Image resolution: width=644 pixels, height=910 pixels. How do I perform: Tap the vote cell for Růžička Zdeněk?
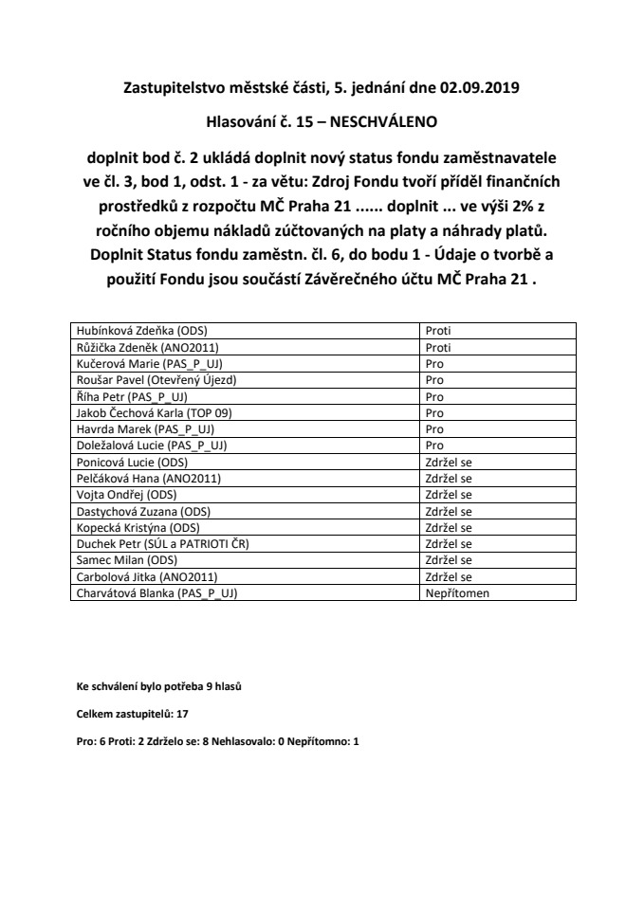coord(440,347)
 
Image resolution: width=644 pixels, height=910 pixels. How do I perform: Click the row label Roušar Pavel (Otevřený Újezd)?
coord(156,379)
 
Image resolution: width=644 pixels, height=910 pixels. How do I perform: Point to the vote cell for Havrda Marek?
coord(434,429)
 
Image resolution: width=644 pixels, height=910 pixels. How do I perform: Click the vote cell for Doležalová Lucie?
coord(434,446)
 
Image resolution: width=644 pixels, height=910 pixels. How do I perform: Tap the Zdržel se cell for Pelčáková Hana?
coord(449,479)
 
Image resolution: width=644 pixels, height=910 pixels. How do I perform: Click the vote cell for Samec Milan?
coord(449,560)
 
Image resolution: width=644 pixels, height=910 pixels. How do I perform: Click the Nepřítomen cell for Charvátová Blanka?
coord(454,593)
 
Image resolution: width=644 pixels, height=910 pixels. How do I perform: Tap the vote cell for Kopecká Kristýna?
coord(449,528)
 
